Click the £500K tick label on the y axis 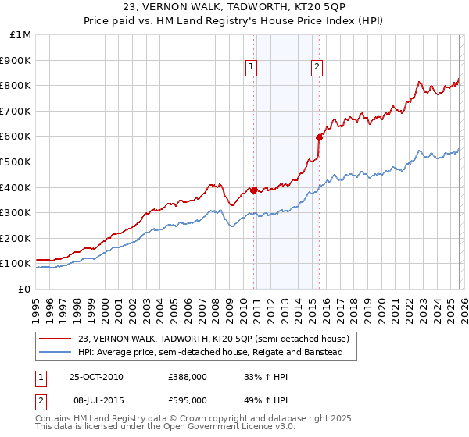16,162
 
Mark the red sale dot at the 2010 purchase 254,190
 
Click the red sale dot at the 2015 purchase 319,137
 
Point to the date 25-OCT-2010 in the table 96,377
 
